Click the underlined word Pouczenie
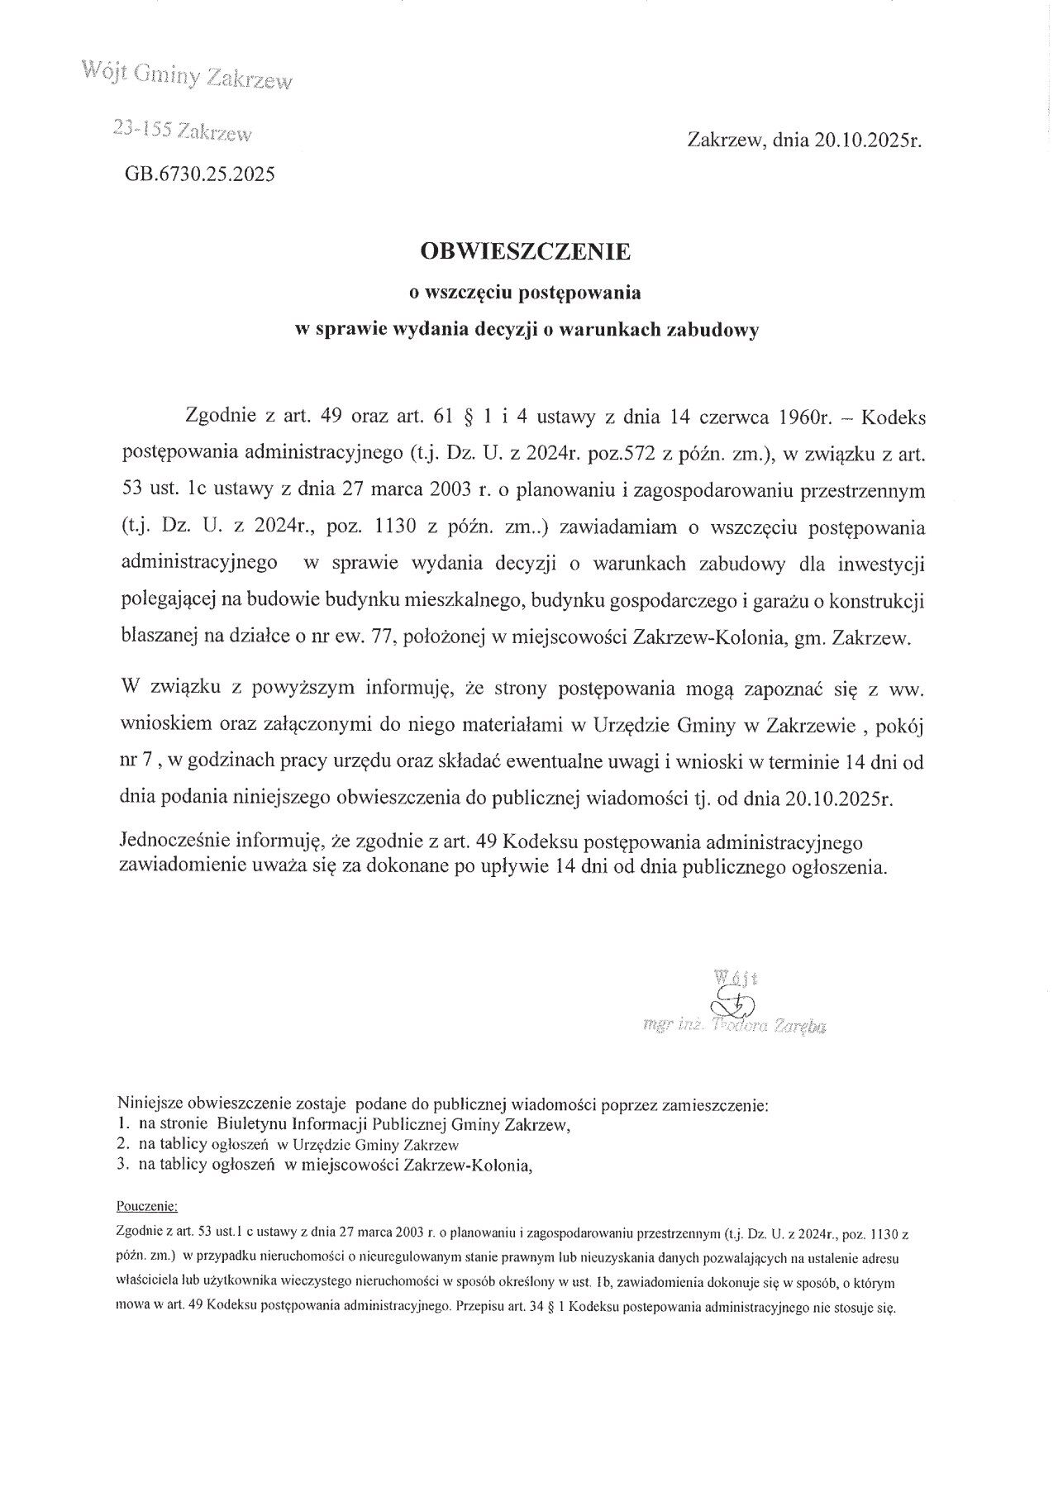(x=143, y=1205)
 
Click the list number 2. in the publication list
(x=124, y=1145)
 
